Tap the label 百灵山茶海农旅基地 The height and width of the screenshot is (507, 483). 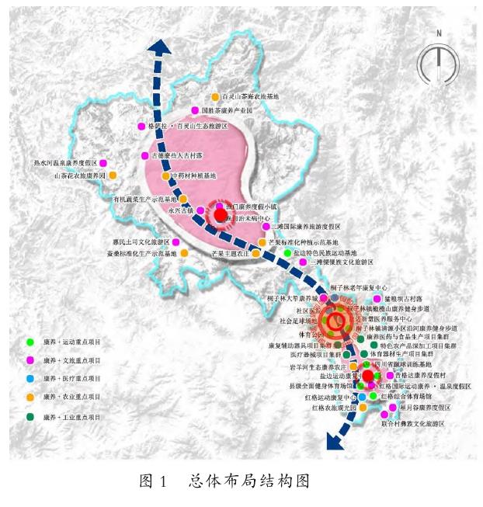(250, 96)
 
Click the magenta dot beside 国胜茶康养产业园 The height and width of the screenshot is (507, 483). (195, 111)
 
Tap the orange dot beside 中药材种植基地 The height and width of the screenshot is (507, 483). (165, 176)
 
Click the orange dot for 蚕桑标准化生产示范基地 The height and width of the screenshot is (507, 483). (185, 253)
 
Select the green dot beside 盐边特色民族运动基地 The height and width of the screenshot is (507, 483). (287, 253)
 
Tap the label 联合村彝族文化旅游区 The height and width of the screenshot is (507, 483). (412, 423)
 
